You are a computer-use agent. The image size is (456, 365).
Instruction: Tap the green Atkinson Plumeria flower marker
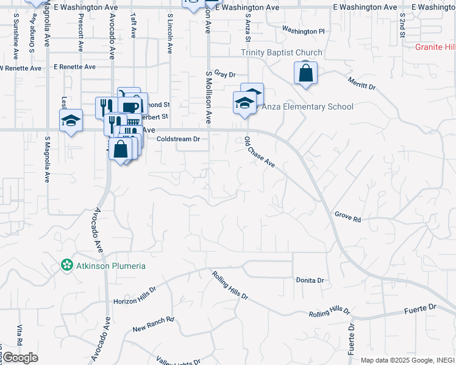coord(66,266)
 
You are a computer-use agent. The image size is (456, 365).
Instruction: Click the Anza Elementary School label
coord(307,107)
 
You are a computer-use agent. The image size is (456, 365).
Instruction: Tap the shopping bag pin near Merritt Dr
coord(305,74)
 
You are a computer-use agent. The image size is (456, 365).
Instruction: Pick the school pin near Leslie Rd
coord(71,120)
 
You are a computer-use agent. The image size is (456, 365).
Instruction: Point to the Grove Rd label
coord(347,217)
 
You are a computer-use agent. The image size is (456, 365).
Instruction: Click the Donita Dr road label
coord(310,280)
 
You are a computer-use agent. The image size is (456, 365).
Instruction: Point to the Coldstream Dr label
coord(178,139)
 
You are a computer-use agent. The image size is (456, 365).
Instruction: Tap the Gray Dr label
coord(225,74)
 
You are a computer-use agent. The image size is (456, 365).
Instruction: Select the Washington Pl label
coord(304,30)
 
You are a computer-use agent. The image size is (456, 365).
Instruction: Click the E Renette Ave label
coord(74,67)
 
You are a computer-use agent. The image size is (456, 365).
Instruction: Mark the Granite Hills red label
coord(435,47)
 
